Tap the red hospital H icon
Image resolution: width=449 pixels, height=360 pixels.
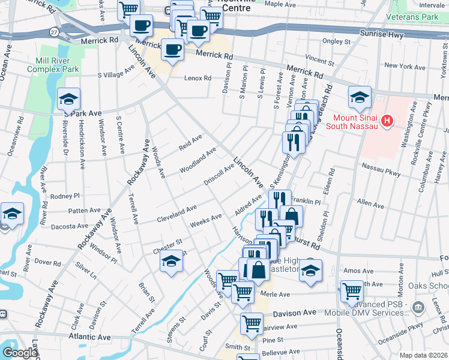tap(388, 122)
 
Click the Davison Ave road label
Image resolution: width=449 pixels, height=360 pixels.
tap(294, 313)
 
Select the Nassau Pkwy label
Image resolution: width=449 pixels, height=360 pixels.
tap(381, 165)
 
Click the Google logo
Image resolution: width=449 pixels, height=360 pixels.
tap(19, 353)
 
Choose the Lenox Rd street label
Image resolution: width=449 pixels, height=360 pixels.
tap(197, 78)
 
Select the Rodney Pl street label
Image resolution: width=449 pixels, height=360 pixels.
tap(65, 196)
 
